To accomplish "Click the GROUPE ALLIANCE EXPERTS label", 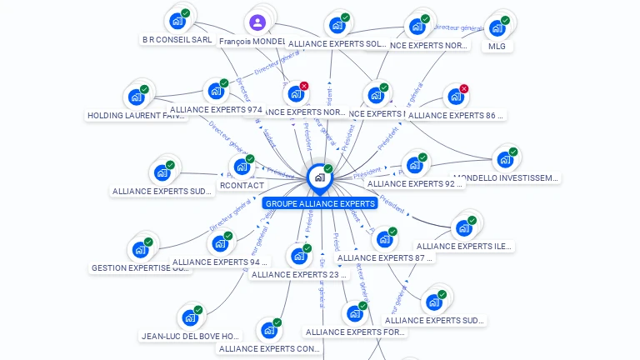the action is tap(320, 203).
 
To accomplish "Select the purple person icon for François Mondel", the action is tap(257, 22).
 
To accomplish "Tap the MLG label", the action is tap(497, 47).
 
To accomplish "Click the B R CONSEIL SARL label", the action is tap(177, 39).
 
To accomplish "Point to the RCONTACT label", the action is tap(242, 185).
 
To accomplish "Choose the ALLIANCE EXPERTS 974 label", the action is tap(216, 109).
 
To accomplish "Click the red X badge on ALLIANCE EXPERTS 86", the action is tap(464, 89).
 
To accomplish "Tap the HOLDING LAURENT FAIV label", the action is tap(136, 116).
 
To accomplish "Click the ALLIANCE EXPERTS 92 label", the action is tap(414, 183).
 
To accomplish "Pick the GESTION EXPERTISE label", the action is tap(140, 268).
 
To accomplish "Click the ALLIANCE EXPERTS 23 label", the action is tap(298, 274).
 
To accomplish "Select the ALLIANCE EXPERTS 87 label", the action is tap(385, 258).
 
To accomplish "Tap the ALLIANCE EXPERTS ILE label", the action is tap(464, 247).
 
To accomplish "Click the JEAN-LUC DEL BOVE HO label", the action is tap(192, 337).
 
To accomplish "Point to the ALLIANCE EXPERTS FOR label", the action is tap(355, 332).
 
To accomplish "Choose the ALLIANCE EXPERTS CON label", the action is tap(268, 349).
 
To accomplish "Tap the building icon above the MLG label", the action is tap(497, 27).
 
